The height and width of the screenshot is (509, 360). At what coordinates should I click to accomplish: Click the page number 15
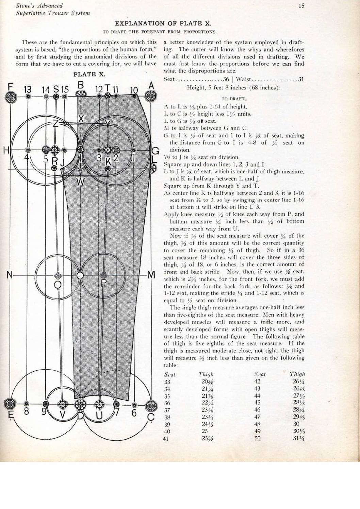(x=301, y=5)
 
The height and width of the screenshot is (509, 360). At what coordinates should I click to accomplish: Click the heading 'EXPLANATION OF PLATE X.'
(x=163, y=23)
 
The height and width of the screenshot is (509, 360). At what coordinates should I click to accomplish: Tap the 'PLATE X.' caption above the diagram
(x=89, y=74)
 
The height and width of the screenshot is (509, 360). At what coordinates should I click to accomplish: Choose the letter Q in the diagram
(x=58, y=285)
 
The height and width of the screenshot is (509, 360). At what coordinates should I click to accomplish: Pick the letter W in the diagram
(x=80, y=182)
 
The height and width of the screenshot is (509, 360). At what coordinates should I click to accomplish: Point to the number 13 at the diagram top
(x=28, y=89)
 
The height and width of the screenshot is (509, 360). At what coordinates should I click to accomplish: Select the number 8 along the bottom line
(x=27, y=412)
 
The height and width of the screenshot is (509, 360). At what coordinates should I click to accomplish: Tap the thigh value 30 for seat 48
(x=296, y=424)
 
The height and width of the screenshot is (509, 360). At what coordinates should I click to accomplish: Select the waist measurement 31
(x=300, y=80)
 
